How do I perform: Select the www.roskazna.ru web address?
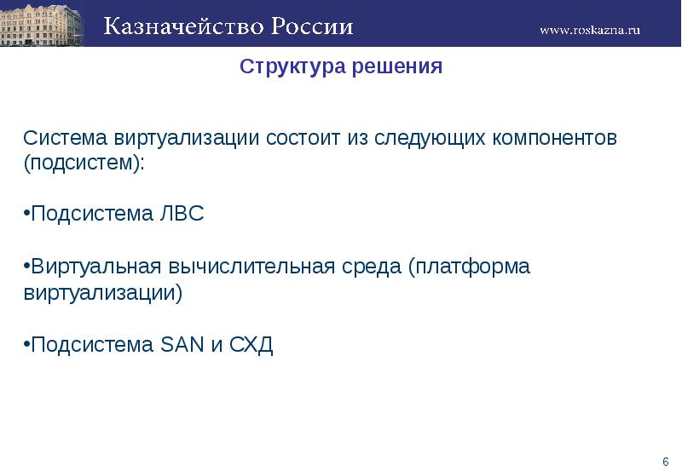590,30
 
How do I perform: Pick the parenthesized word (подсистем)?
84,164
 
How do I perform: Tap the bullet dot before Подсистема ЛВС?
26,214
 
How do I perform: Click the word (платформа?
469,267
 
